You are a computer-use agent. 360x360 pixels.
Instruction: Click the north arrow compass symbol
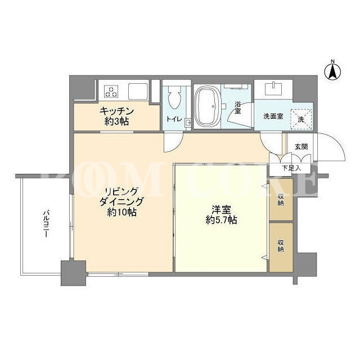point(332,71)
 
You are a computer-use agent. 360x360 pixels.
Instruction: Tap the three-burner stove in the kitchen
point(111,91)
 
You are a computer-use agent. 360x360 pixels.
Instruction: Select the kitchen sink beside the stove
point(138,91)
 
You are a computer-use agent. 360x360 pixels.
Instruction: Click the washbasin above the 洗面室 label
point(273,89)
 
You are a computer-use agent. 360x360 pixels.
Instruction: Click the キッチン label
point(116,111)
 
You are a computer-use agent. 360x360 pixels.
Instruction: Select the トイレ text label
point(174,119)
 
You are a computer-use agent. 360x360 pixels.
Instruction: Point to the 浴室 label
point(237,108)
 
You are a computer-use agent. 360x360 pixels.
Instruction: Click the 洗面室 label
point(273,116)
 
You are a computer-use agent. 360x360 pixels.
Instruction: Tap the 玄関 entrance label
point(301,147)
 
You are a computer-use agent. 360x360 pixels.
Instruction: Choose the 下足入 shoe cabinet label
point(291,168)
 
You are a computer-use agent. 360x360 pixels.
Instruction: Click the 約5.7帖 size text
point(221,220)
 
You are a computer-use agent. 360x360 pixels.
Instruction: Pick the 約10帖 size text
point(121,213)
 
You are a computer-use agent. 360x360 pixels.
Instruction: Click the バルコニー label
point(47,223)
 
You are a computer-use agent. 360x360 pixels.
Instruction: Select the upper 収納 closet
point(281,200)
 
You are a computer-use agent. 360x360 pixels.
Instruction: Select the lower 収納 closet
point(281,247)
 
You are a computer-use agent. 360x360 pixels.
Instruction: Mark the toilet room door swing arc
point(178,147)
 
